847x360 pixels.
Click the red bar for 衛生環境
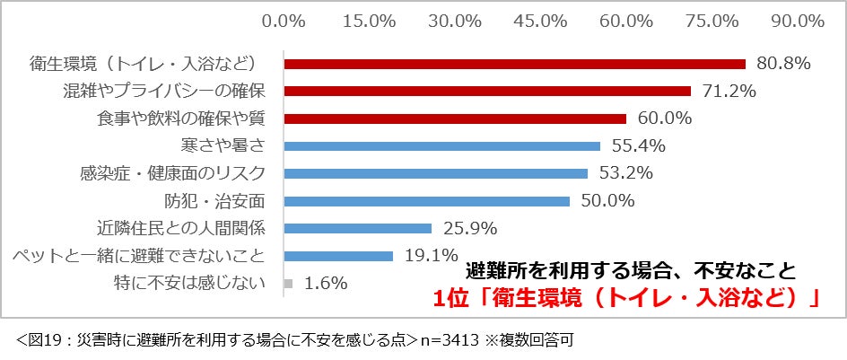pyautogui.click(x=515, y=65)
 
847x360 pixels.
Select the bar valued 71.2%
pyautogui.click(x=487, y=92)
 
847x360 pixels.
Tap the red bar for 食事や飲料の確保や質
pyautogui.click(x=456, y=119)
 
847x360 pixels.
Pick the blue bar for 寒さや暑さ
pyautogui.click(x=441, y=146)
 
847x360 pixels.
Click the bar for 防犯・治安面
pyautogui.click(x=427, y=201)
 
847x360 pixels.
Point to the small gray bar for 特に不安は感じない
pyautogui.click(x=288, y=284)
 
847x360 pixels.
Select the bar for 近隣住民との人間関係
pyautogui.click(x=358, y=229)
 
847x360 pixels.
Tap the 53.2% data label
pyautogui.click(x=626, y=173)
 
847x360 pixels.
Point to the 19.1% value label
pyautogui.click(x=431, y=255)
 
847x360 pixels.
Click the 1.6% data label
pyautogui.click(x=326, y=284)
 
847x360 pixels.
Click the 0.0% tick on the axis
pyautogui.click(x=284, y=21)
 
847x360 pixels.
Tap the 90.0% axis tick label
pyautogui.click(x=798, y=21)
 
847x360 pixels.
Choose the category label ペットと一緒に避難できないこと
pyautogui.click(x=139, y=256)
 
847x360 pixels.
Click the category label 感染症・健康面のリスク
pyautogui.click(x=172, y=173)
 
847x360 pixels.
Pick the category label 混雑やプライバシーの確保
pyautogui.click(x=163, y=92)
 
